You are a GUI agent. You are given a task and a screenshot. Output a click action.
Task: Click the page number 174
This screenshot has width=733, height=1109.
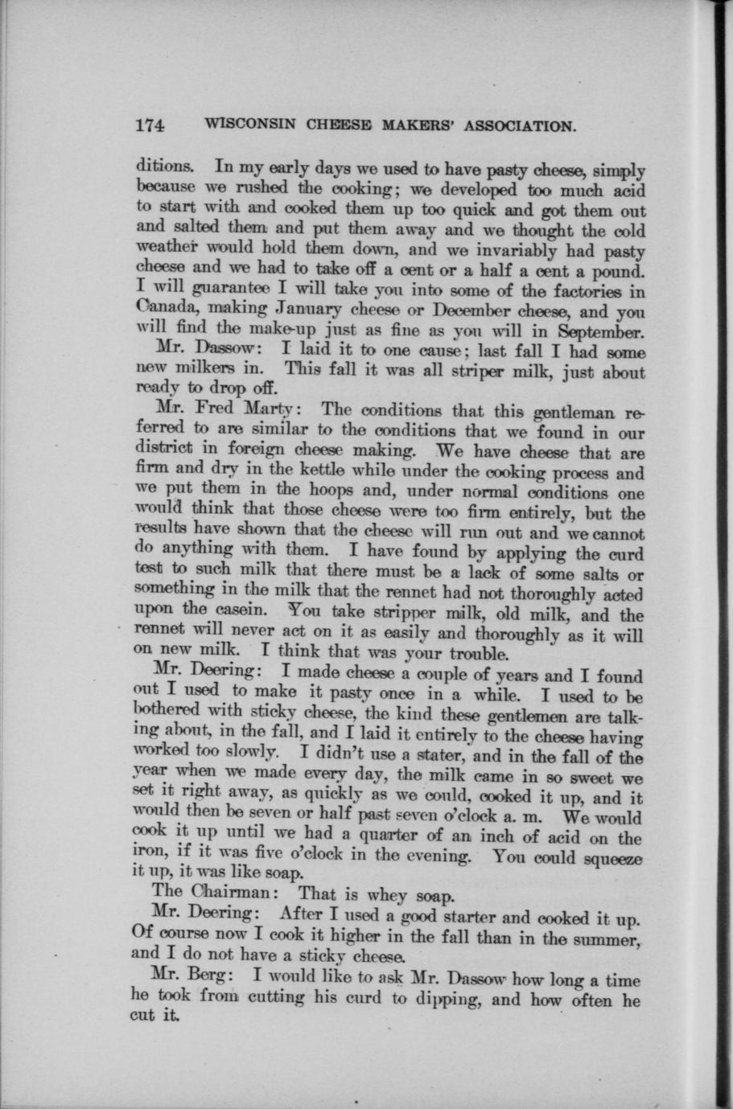(150, 125)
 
